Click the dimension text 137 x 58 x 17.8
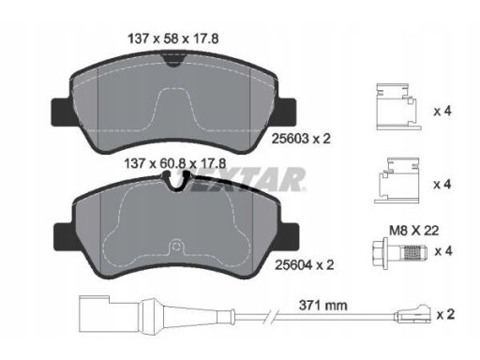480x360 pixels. tap(173, 38)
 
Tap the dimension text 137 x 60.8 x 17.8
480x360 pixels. tap(175, 163)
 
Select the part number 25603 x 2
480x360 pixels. tap(301, 139)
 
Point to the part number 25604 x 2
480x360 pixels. tap(305, 265)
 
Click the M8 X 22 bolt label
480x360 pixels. tap(413, 231)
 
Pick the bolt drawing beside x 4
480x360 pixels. tap(401, 252)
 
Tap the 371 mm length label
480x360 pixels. tap(323, 305)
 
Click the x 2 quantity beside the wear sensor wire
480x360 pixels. tap(445, 314)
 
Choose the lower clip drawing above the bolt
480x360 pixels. tap(397, 180)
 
